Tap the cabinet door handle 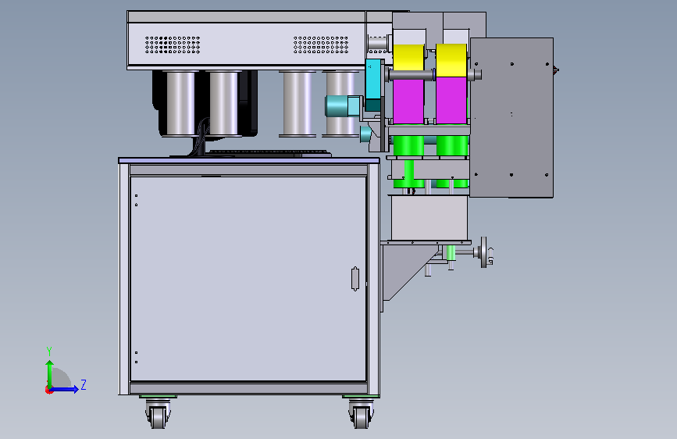click(355, 279)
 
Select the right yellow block click(451, 59)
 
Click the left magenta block click(408, 101)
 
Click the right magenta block click(451, 100)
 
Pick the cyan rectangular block click(373, 79)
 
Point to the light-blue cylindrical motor click(343, 106)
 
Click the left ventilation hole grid click(173, 45)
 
